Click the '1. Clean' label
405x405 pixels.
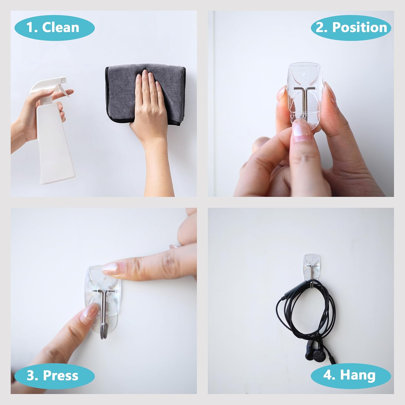54,28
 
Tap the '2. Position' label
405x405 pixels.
351,28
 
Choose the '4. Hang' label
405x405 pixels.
350,376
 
